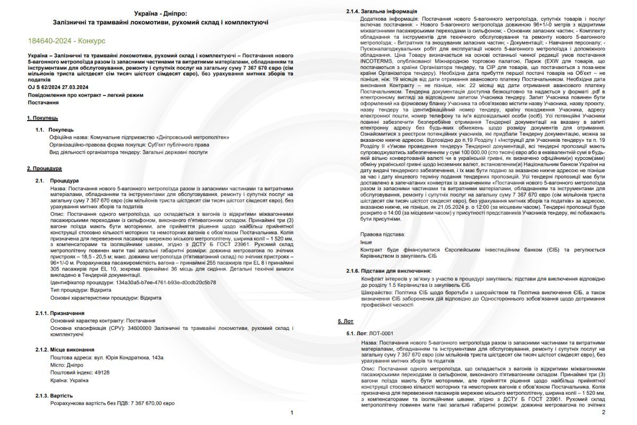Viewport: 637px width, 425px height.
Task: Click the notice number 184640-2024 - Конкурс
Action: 66,40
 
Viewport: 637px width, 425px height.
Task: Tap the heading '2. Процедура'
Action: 44,168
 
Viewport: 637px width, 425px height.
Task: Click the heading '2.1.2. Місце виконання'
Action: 65,350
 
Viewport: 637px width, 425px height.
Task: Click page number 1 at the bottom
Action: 292,412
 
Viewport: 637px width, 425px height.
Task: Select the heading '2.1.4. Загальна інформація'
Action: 382,11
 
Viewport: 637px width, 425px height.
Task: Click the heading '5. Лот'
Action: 346,322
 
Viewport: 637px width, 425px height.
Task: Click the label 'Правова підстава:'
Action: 383,234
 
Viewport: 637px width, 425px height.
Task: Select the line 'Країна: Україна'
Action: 69,380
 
